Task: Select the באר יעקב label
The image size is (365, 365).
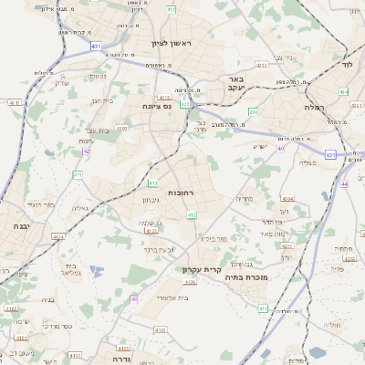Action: pyautogui.click(x=240, y=85)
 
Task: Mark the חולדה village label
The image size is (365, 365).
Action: pyautogui.click(x=332, y=324)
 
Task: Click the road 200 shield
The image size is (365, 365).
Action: pyautogui.click(x=254, y=111)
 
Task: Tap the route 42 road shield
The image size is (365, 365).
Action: pyautogui.click(x=86, y=150)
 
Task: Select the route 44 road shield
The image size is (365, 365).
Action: pyautogui.click(x=345, y=184)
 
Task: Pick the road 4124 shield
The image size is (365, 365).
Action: pyautogui.click(x=58, y=236)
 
